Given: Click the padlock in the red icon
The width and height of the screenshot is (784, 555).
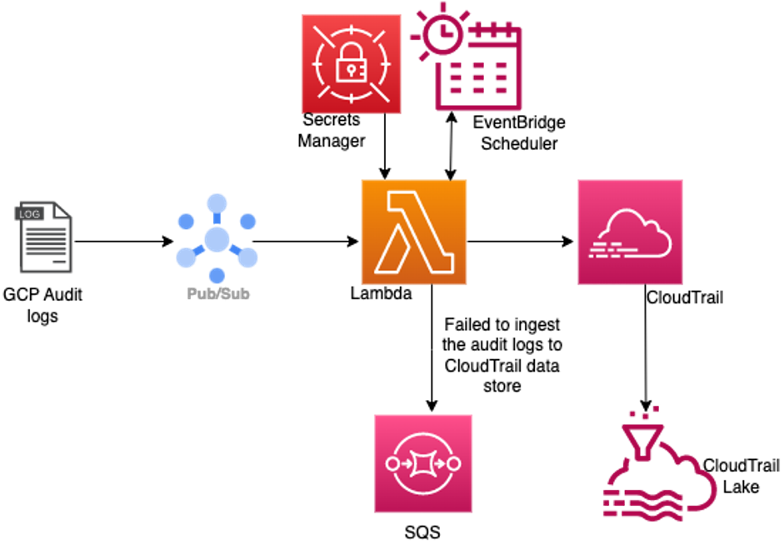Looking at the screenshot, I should tap(351, 66).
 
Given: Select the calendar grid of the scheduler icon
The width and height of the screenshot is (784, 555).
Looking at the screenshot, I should tap(478, 77).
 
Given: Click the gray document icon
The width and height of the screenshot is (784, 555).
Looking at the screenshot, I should tap(45, 237).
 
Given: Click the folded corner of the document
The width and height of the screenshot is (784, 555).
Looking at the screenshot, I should tap(64, 210).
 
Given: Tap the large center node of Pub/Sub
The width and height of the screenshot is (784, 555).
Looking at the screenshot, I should tap(217, 239).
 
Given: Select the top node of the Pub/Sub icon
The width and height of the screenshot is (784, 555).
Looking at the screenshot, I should tap(217, 203).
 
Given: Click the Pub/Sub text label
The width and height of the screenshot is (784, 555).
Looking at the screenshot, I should tap(218, 294).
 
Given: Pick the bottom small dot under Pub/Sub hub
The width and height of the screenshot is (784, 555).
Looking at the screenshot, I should tap(217, 275).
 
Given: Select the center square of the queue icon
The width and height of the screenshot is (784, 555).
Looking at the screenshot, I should tap(422, 463).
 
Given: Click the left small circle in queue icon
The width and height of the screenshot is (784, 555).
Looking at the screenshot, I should tap(392, 463).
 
